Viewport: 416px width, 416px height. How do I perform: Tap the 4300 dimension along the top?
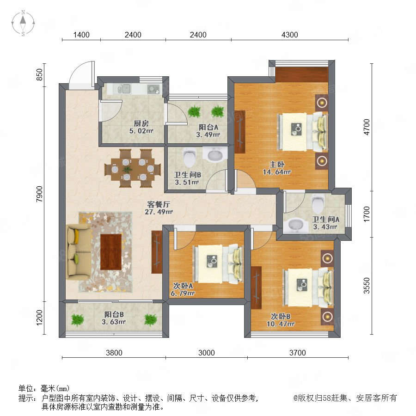tap(289, 35)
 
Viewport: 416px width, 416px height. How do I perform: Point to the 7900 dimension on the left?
tap(39, 194)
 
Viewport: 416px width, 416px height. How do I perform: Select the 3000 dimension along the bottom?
tap(207, 353)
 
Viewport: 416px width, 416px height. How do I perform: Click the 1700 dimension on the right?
tap(367, 214)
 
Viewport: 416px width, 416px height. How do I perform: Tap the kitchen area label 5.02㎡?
tap(141, 131)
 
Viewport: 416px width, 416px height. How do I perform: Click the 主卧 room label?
tap(277, 165)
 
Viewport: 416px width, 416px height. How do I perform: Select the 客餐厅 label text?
tap(159, 204)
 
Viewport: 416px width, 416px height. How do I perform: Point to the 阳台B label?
tap(114, 314)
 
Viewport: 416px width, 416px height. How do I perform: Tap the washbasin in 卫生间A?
tap(295, 225)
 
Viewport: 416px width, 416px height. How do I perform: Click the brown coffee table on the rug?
tap(111, 251)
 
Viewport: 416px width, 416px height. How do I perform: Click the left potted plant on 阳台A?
tap(194, 111)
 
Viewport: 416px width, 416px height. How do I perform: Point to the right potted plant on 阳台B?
tap(150, 319)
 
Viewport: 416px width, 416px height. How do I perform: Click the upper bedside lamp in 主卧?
tap(322, 103)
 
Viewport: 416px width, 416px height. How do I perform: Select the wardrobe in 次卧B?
tap(256, 288)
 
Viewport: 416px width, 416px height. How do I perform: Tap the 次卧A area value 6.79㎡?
tap(183, 293)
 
